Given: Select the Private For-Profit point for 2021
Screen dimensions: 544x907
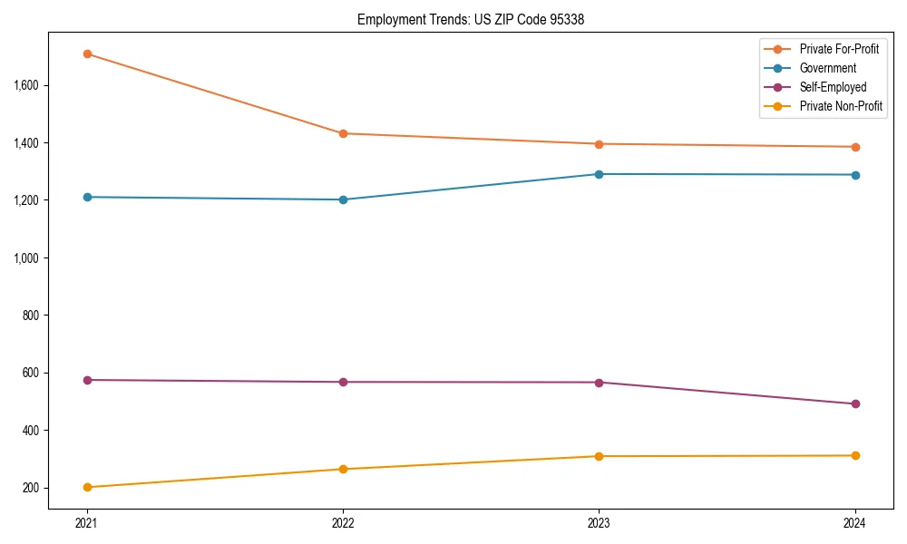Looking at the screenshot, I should (x=87, y=53).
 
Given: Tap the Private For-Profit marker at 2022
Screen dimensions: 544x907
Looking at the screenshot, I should (x=343, y=133).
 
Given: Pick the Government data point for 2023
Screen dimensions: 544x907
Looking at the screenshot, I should (x=599, y=174).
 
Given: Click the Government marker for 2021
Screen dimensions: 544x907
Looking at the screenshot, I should (x=87, y=197).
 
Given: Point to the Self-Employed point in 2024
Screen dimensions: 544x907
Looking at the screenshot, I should (x=854, y=403).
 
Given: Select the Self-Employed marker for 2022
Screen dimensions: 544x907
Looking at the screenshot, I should (x=343, y=382).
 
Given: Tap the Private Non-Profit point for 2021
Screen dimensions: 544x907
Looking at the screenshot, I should (x=87, y=487).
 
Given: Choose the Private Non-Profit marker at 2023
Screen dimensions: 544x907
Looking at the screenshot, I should (x=599, y=456).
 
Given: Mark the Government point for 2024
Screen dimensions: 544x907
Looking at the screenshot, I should (x=854, y=175).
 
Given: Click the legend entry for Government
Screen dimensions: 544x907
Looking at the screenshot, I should (x=827, y=68).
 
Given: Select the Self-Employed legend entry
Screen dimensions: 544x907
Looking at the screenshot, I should (x=833, y=87).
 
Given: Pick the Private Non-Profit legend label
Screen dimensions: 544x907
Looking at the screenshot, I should (x=841, y=106).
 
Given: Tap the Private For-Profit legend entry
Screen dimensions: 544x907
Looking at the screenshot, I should (x=839, y=49).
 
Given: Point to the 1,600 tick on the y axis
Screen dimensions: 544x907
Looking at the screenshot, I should (x=25, y=85).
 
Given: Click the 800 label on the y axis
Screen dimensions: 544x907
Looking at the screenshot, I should (x=29, y=316).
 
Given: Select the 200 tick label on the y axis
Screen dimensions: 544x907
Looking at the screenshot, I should (x=29, y=488).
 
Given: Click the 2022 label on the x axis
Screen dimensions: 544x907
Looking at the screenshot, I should (x=343, y=522).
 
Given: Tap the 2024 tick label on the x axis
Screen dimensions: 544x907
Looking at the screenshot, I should (x=854, y=522).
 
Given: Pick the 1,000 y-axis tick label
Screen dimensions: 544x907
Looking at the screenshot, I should (x=25, y=257).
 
